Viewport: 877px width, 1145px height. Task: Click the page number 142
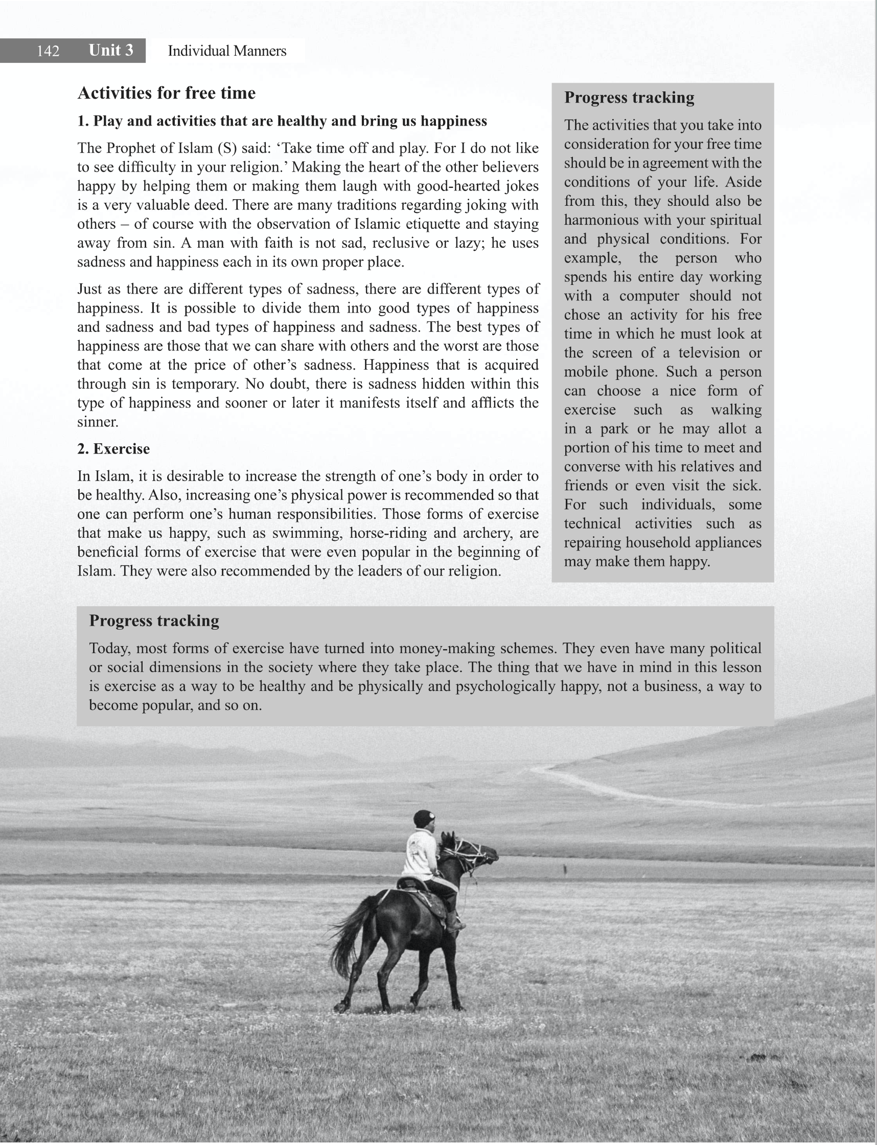pyautogui.click(x=48, y=51)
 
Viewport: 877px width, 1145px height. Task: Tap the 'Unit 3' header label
pyautogui.click(x=111, y=50)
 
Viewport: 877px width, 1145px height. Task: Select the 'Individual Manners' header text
pyautogui.click(x=226, y=51)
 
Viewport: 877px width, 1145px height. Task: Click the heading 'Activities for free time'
pyautogui.click(x=167, y=93)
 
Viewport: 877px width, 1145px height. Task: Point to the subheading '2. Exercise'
pyautogui.click(x=113, y=448)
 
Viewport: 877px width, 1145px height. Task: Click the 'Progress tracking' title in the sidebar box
pyautogui.click(x=629, y=98)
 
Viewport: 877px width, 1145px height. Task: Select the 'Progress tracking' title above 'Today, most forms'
pyautogui.click(x=154, y=620)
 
